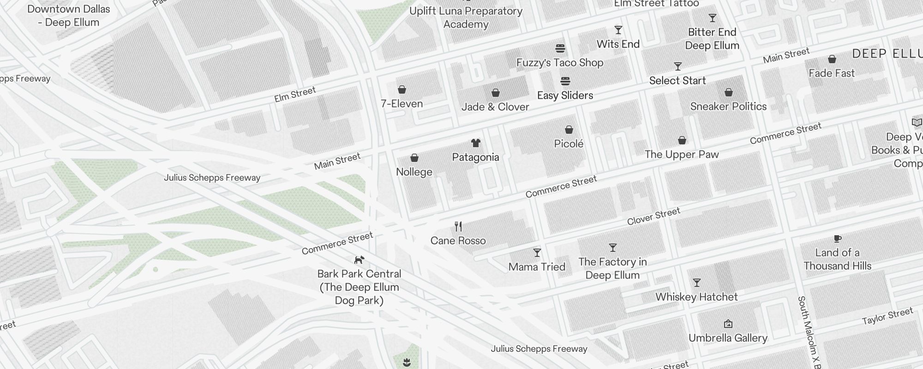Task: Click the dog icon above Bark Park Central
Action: (359, 260)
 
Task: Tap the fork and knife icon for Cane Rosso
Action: (458, 226)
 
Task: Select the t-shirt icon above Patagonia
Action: (476, 143)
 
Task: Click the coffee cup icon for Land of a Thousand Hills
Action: (838, 238)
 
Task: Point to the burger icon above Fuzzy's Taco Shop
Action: (560, 48)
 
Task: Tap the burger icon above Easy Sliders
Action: (565, 82)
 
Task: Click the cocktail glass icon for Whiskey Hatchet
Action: (697, 283)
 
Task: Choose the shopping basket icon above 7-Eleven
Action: (402, 89)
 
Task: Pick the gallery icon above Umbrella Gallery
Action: (728, 324)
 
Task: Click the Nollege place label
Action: (414, 172)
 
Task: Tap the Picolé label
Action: (569, 144)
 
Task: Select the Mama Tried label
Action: (537, 267)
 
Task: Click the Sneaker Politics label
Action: (728, 107)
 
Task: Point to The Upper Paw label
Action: (682, 155)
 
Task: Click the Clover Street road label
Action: (653, 216)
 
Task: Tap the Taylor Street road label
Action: (887, 316)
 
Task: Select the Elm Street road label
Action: (295, 95)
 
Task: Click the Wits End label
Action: (618, 44)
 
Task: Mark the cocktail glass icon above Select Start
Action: (678, 66)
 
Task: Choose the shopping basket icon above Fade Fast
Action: (832, 60)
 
